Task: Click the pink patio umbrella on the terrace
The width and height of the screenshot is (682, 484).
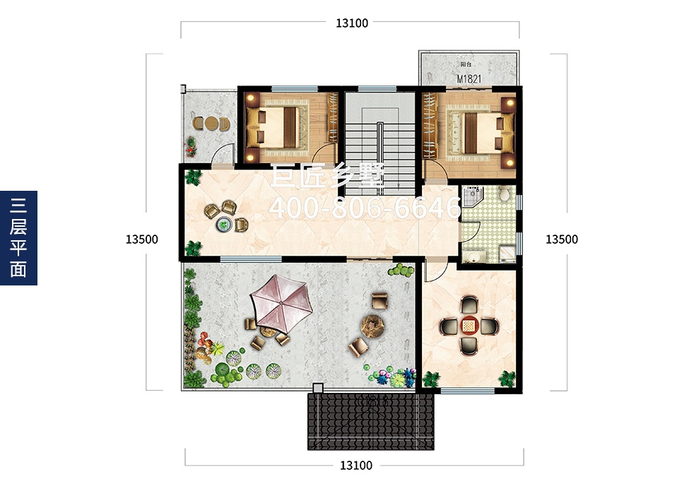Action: [x=281, y=302]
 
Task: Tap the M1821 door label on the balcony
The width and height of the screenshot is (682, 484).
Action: [x=469, y=79]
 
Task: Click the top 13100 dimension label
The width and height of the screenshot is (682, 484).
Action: [x=352, y=23]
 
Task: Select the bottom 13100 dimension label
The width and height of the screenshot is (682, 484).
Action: [x=356, y=466]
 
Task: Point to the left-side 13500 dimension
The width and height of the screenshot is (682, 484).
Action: [x=142, y=239]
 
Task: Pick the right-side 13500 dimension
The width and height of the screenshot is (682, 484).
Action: [x=562, y=239]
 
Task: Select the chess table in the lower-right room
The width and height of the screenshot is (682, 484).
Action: [x=469, y=325]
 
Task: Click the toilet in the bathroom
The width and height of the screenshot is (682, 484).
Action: [x=504, y=193]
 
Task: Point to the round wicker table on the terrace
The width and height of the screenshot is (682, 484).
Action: [x=372, y=324]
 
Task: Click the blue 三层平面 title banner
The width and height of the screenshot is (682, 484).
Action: [x=18, y=238]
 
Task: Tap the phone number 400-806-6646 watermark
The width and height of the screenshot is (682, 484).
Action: [x=365, y=208]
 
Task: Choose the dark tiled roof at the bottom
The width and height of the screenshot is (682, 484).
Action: [x=371, y=421]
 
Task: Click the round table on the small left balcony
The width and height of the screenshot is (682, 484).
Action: [x=211, y=124]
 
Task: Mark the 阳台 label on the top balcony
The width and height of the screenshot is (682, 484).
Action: [x=466, y=64]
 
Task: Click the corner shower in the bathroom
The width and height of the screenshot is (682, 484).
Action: [x=471, y=196]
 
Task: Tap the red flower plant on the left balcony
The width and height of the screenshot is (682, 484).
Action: [x=191, y=146]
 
